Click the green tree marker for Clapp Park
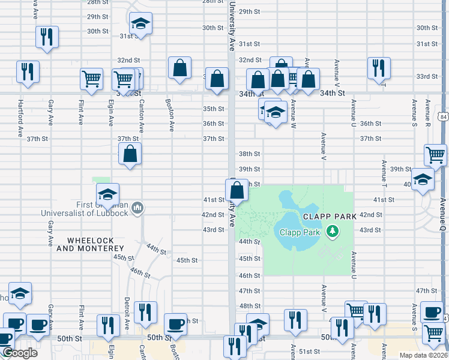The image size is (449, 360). point(332,231)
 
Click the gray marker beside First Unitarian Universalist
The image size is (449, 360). point(137,208)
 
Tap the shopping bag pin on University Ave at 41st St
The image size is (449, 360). point(237,190)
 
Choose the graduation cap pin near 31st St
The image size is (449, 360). point(140,24)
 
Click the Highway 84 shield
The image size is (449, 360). point(443,114)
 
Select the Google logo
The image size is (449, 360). point(20,353)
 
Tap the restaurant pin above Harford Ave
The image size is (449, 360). point(28,72)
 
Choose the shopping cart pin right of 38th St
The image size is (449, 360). point(435,155)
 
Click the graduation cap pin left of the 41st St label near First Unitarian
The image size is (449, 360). point(107,194)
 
